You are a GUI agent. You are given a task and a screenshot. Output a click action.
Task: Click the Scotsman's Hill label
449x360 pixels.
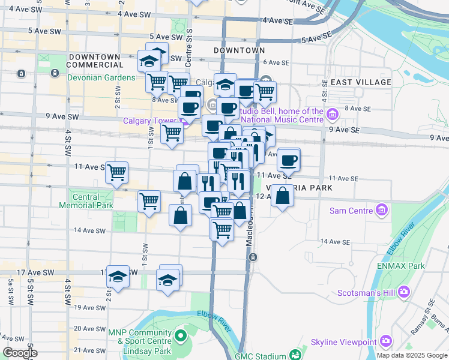click(x=373, y=292)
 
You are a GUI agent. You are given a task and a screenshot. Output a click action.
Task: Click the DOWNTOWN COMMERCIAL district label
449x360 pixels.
click(x=96, y=60)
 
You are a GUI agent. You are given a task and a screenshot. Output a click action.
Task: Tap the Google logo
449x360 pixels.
click(x=20, y=353)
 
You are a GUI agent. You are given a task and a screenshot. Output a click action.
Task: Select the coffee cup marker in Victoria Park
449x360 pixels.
click(x=289, y=159)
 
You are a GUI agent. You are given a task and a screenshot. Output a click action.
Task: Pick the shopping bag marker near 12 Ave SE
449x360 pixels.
click(x=282, y=196)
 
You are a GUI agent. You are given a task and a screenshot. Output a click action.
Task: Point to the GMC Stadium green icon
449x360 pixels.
click(x=295, y=356)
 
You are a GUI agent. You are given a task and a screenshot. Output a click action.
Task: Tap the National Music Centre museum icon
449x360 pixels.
click(x=331, y=112)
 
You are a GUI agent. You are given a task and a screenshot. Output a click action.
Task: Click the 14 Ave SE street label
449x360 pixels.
click(x=335, y=241)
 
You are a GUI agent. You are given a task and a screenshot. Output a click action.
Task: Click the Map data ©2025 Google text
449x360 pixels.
click(x=412, y=355)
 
